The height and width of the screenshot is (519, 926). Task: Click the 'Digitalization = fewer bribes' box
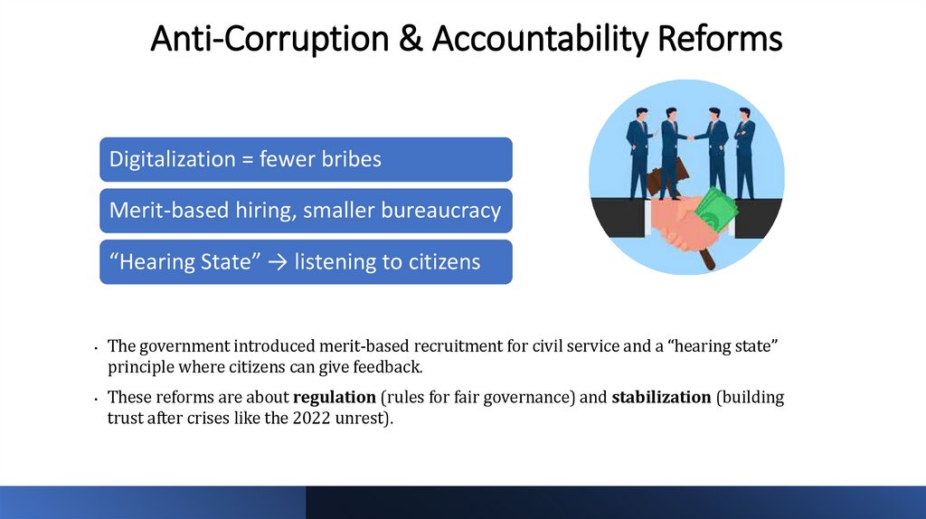tap(306, 159)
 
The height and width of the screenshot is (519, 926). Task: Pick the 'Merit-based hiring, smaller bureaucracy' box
tap(306, 211)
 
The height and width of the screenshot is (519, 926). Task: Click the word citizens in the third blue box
tap(443, 262)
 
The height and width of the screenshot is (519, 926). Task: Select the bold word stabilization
tap(661, 397)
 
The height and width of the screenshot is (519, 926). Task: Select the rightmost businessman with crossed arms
tap(744, 149)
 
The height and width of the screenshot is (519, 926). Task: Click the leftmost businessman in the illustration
tap(638, 149)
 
